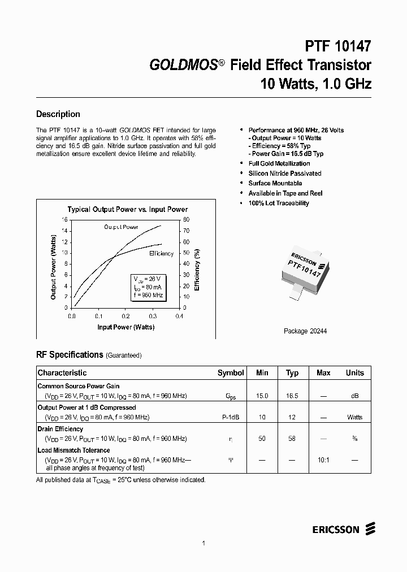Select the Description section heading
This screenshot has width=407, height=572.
point(58,114)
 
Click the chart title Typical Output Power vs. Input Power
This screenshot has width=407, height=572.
point(128,209)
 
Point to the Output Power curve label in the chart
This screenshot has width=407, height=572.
point(121,227)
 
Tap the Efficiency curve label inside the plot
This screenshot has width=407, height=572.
point(161,254)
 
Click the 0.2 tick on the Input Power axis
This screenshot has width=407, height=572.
point(125,317)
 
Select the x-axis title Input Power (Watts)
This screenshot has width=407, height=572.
point(125,327)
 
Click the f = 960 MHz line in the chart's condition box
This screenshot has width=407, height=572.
point(148,295)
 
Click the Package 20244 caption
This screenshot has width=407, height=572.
point(305,331)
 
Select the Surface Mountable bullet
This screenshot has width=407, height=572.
point(275,183)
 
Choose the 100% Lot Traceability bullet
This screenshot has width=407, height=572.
point(279,203)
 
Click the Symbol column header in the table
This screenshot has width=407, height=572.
point(231,373)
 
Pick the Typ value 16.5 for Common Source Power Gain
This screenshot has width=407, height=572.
point(292,396)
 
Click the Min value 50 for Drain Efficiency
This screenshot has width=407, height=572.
point(262,439)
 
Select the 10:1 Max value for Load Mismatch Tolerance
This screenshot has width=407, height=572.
point(323,460)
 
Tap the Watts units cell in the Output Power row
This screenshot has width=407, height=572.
point(355,417)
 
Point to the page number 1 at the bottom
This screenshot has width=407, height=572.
point(203,544)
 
